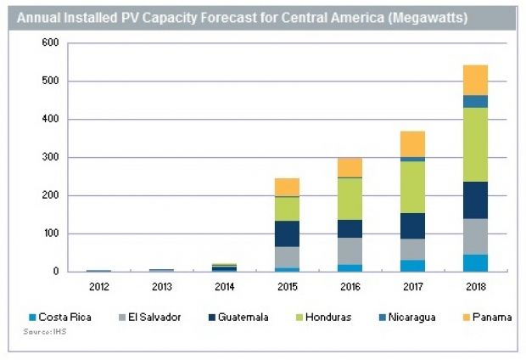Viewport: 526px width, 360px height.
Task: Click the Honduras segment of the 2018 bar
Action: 475,145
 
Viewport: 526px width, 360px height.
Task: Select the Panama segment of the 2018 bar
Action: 475,80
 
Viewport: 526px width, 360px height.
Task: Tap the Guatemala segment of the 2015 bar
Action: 287,233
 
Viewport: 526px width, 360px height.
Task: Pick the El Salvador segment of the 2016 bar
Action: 350,251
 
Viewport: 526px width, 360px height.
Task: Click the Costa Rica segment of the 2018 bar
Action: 475,263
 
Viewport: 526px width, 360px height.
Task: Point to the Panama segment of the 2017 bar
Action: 412,144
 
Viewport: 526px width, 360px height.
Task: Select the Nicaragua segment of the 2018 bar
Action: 475,102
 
